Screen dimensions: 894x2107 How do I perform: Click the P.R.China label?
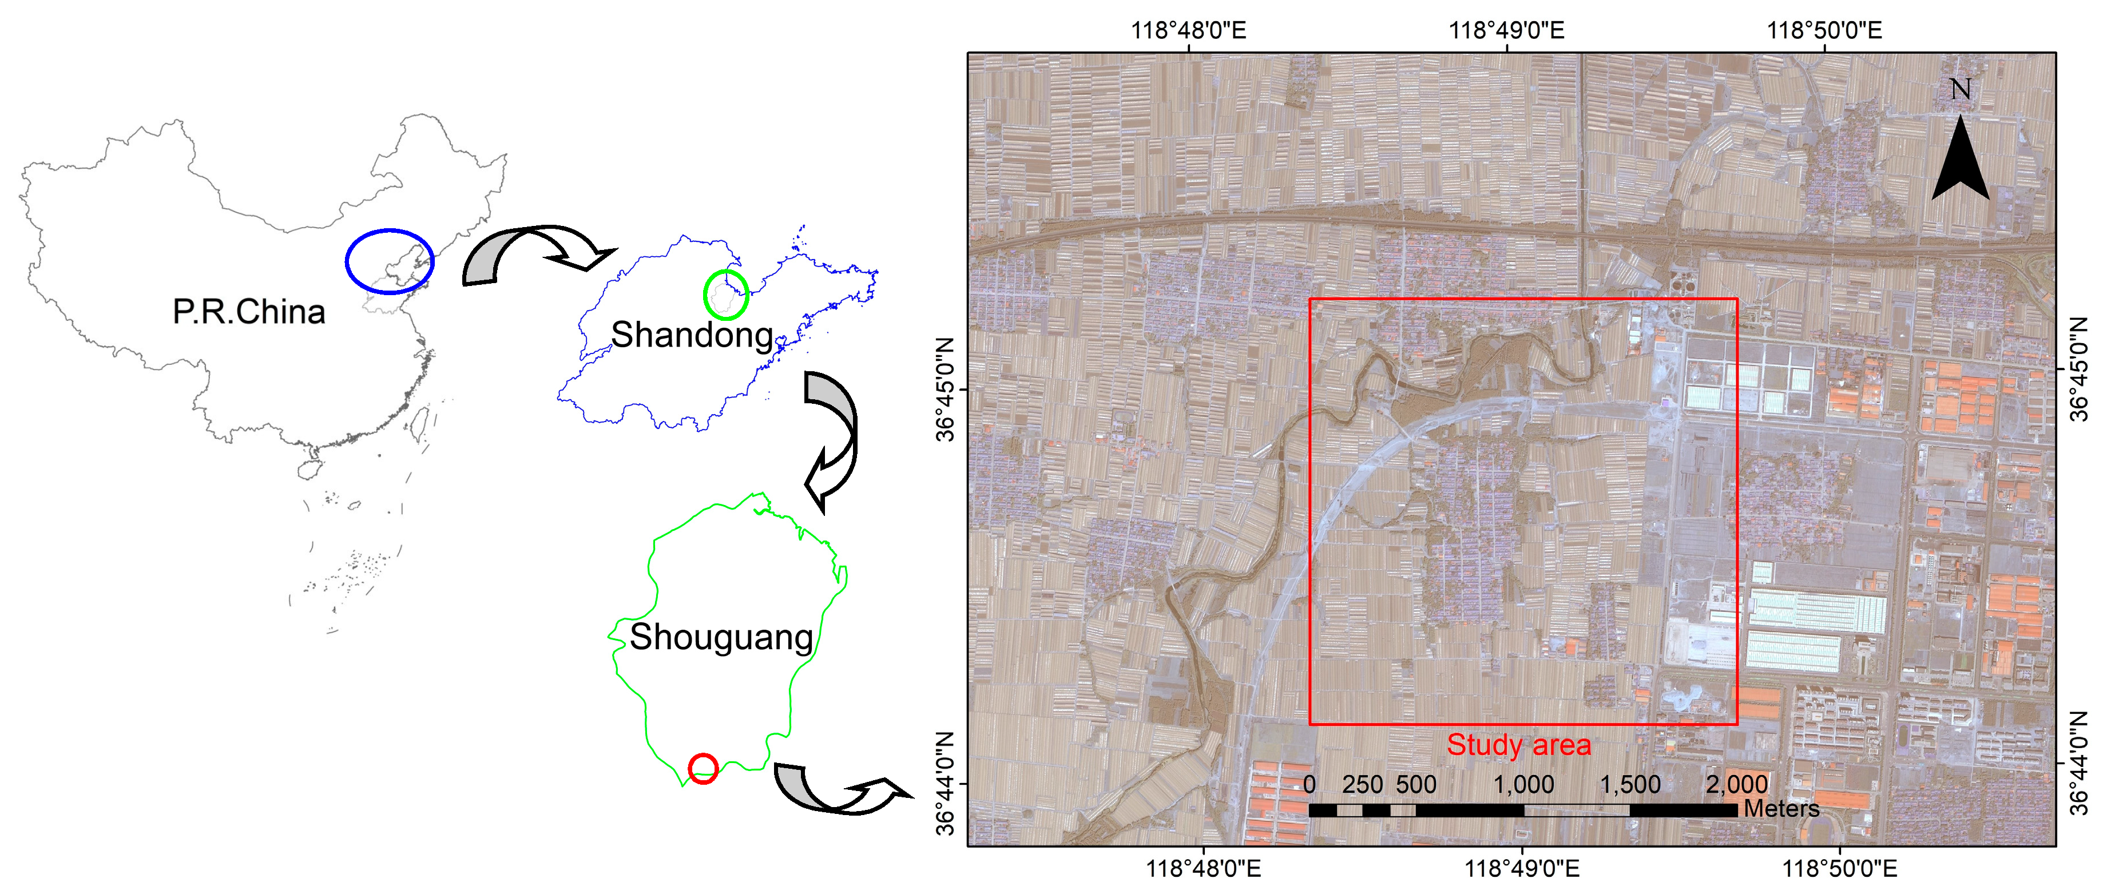(249, 312)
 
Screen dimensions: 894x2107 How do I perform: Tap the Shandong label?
(691, 335)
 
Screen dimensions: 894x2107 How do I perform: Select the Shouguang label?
(721, 637)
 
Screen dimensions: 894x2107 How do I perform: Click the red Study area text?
(1518, 744)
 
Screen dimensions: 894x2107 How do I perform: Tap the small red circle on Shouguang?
(703, 769)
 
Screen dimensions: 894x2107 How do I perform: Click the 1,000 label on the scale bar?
(1523, 784)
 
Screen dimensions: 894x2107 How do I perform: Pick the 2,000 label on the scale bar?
(1736, 784)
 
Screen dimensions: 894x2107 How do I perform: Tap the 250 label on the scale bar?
(1362, 784)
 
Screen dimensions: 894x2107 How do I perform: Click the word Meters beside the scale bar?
(1781, 809)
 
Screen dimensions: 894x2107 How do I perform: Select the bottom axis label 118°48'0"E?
(1203, 868)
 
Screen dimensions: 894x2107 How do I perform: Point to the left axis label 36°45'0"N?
(946, 390)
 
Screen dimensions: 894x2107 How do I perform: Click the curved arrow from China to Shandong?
(531, 253)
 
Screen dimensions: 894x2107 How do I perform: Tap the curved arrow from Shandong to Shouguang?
(830, 438)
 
